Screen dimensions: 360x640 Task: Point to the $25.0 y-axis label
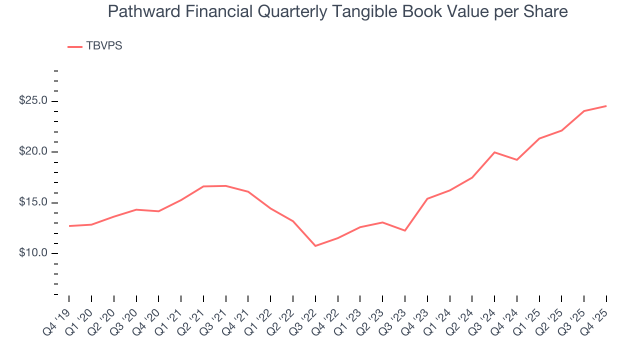coord(33,101)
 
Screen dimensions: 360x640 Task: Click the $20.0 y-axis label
coord(33,152)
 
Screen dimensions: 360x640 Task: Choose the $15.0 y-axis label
coord(33,202)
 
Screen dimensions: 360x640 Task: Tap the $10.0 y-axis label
coord(33,253)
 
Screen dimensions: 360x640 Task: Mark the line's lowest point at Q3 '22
coord(315,246)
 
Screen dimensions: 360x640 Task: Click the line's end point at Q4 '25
coord(606,106)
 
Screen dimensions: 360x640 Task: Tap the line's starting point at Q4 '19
coord(69,226)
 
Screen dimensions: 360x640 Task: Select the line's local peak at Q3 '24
coord(494,152)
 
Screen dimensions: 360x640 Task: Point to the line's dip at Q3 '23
coord(404,230)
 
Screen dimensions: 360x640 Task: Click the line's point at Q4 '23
coord(427,198)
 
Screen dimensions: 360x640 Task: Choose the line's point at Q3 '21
coord(226,186)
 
